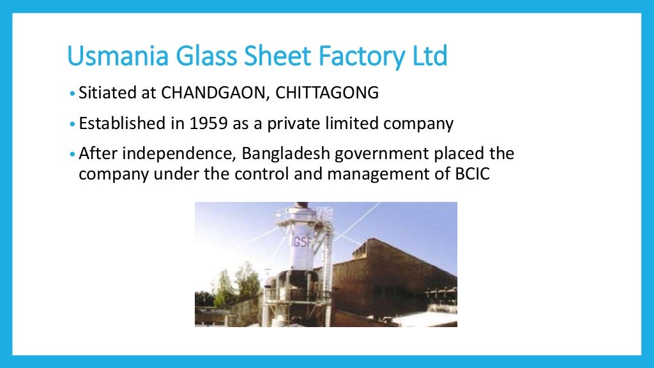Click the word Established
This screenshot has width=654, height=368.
point(122,124)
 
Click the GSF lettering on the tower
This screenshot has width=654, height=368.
point(300,226)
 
